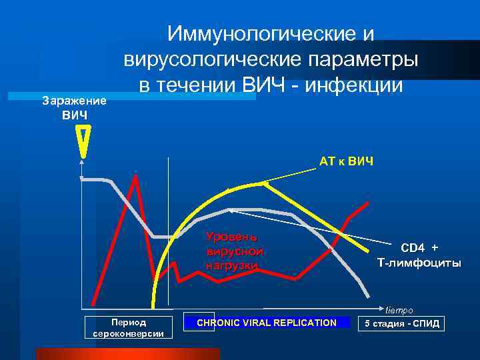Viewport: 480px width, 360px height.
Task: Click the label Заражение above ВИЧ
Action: (74, 101)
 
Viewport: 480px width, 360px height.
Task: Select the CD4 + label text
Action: (419, 248)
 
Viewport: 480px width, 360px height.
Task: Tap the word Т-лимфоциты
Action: (419, 263)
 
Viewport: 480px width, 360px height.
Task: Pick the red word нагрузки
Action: (231, 265)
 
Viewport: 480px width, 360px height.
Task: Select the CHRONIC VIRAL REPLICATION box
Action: (267, 322)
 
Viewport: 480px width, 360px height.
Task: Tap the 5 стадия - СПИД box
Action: (401, 323)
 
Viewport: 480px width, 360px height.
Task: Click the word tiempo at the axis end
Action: (399, 310)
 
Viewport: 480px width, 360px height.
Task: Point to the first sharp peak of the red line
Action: (136, 174)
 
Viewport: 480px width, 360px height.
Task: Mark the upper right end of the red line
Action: (367, 202)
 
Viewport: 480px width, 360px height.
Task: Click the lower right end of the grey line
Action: (367, 296)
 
